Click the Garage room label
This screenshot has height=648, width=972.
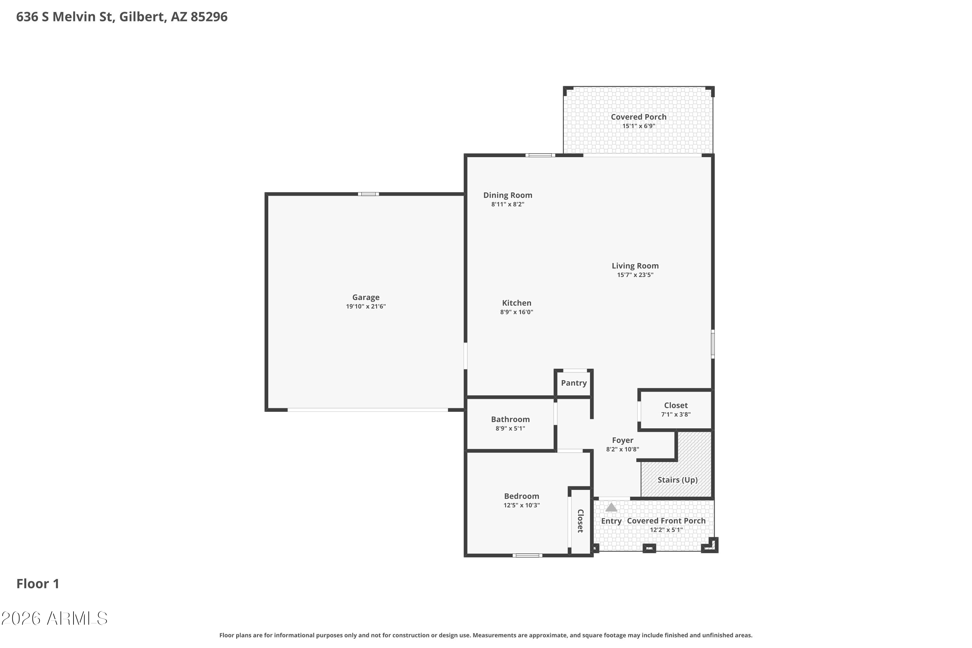coord(366,297)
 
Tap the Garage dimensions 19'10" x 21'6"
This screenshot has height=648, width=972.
coord(366,307)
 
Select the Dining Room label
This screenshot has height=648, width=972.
coord(508,195)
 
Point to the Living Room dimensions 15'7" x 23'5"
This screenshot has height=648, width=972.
coord(635,275)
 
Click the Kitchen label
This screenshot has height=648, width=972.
coord(516,303)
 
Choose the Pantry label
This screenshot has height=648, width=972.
coord(573,383)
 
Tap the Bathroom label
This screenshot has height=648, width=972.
coord(510,420)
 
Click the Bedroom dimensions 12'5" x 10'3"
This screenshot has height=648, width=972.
coord(522,505)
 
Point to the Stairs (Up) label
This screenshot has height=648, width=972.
coord(678,480)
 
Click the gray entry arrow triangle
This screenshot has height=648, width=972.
coord(611,507)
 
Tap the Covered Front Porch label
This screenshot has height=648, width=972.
coord(666,521)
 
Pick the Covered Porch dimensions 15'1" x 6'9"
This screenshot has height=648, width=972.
coord(639,126)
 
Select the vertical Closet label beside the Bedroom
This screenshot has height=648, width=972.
coord(580,521)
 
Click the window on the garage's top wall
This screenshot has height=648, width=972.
coord(368,194)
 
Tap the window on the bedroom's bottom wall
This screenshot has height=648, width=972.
coord(527,555)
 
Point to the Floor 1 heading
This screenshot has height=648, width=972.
coord(38,584)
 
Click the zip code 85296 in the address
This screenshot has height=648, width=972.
coord(209,17)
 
